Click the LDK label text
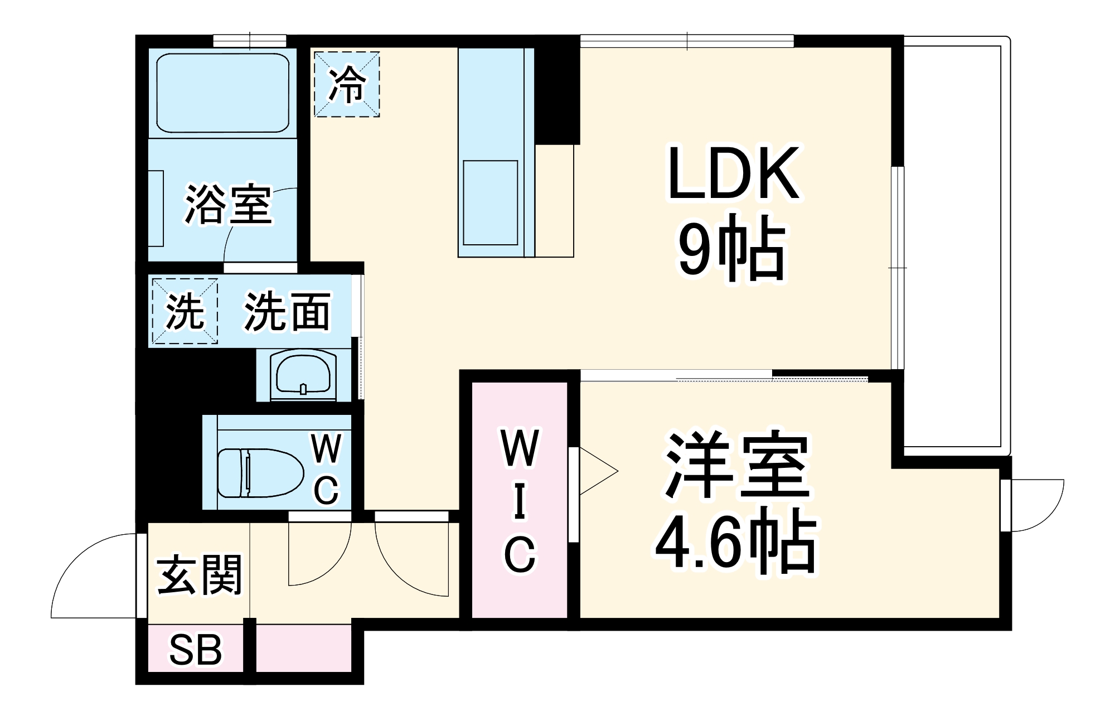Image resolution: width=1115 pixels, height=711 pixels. point(734,173)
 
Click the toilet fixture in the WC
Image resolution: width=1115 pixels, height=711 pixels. point(259,473)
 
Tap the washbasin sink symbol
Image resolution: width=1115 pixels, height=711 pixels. point(302,375)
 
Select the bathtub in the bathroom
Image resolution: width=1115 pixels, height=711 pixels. point(223,93)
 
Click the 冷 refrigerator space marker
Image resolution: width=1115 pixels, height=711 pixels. point(347,84)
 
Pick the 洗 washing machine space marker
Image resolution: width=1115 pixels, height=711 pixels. point(185,311)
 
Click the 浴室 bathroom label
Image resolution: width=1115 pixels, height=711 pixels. point(228,205)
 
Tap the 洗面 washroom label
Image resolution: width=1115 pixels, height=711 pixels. point(288,311)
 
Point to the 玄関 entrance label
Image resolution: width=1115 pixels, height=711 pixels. point(199,574)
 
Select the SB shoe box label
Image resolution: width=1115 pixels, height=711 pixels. point(195,650)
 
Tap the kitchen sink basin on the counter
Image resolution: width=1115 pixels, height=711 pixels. point(490,202)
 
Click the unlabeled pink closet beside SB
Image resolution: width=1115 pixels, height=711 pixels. point(304,649)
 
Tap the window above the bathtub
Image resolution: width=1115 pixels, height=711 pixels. point(249,40)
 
